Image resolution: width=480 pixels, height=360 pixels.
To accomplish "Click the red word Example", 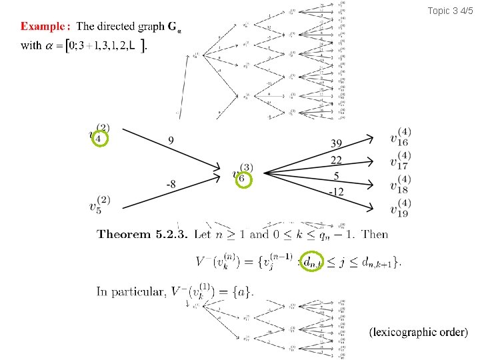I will pyautogui.click(x=43, y=27).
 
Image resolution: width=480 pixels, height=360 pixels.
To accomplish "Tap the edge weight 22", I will pyautogui.click(x=337, y=160).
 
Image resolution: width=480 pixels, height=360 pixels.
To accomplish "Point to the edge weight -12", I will pyautogui.click(x=337, y=192).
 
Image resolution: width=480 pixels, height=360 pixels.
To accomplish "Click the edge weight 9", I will pyautogui.click(x=171, y=141).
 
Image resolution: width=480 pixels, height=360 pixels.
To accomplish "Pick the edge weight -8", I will pyautogui.click(x=171, y=185).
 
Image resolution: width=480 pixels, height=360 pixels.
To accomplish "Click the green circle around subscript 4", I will pyautogui.click(x=99, y=138).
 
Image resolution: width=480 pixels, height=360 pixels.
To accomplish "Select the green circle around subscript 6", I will pyautogui.click(x=244, y=179).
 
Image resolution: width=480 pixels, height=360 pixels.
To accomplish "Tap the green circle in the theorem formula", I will pyautogui.click(x=311, y=261).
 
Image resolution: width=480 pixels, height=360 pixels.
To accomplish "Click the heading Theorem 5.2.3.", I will pyautogui.click(x=142, y=234).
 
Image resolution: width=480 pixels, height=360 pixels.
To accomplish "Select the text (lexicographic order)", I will pyautogui.click(x=418, y=331).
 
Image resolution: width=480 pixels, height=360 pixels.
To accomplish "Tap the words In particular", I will pyautogui.click(x=130, y=291).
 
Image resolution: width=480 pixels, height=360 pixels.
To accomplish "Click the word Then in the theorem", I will pyautogui.click(x=375, y=234).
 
